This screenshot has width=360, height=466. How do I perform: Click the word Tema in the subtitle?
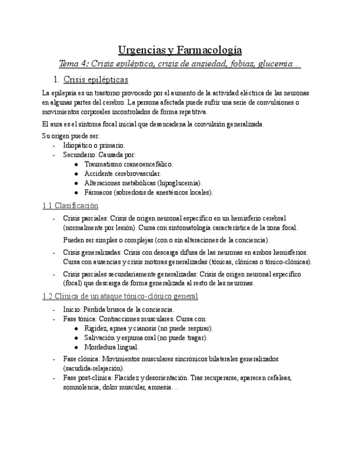70,64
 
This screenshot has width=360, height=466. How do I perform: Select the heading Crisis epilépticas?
96,80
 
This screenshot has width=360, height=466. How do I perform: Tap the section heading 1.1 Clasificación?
70,206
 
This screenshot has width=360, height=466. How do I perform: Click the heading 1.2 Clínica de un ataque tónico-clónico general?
120,296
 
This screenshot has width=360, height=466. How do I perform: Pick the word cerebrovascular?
137,174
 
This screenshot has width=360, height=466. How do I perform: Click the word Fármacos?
98,192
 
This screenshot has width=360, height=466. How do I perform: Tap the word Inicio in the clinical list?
71,309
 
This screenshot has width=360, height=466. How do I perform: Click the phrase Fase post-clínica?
84,378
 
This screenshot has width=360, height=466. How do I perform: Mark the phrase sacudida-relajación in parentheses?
93,368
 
